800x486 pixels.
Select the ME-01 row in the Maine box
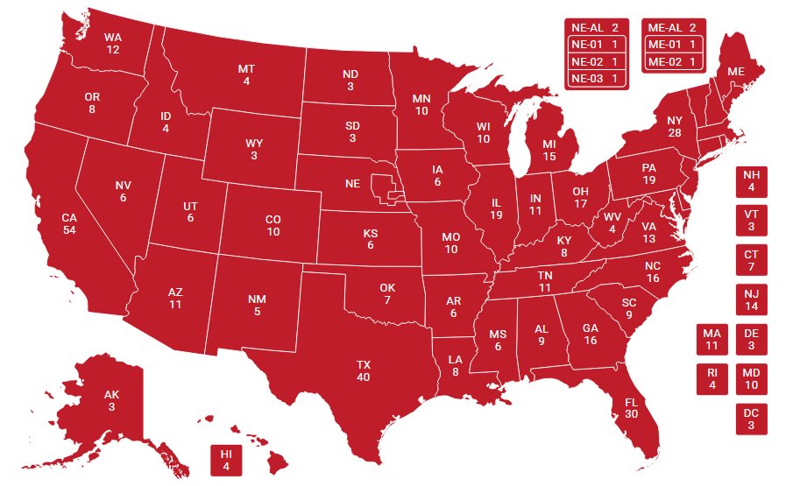tap(674, 45)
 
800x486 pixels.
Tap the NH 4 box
tap(751, 181)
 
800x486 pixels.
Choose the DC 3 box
tap(751, 419)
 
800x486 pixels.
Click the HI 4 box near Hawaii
tap(226, 460)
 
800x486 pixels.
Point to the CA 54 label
tap(69, 223)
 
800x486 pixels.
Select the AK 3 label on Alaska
tap(112, 401)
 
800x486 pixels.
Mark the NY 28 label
tap(674, 126)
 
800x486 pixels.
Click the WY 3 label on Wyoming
tap(253, 149)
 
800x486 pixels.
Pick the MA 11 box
tap(712, 340)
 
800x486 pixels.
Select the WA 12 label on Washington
tap(112, 44)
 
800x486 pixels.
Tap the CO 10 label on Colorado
tap(273, 225)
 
